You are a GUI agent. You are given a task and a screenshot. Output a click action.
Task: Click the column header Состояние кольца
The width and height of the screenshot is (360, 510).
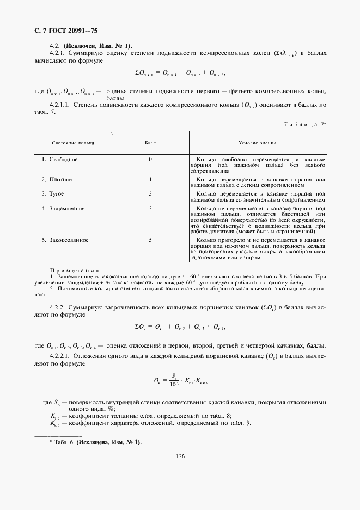click(x=72, y=143)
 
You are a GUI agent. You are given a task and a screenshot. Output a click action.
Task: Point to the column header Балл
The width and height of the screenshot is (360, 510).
click(x=150, y=143)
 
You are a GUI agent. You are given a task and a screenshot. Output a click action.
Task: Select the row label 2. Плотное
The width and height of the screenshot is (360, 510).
click(x=57, y=179)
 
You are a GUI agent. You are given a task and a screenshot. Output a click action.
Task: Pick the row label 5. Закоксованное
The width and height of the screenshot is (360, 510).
click(x=65, y=240)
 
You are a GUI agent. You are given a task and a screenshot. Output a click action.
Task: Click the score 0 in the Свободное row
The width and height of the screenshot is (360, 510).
click(x=150, y=159)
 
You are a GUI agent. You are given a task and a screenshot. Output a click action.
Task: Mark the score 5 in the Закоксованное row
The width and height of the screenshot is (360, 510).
click(x=150, y=240)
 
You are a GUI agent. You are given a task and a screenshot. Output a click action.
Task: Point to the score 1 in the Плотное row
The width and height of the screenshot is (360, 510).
click(x=150, y=179)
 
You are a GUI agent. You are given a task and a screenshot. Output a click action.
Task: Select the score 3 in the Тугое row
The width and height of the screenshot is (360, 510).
click(x=150, y=193)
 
